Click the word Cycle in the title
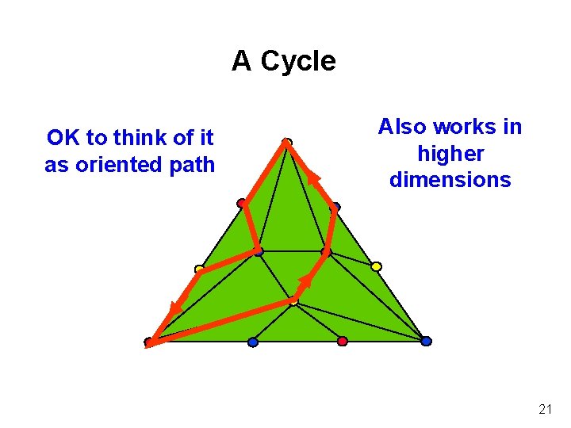click(x=298, y=61)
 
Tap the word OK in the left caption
click(x=63, y=138)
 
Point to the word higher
click(x=450, y=153)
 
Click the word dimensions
click(x=450, y=180)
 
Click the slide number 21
click(x=545, y=409)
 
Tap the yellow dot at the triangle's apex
click(x=287, y=143)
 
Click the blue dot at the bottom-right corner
click(x=426, y=341)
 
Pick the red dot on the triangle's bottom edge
click(x=343, y=341)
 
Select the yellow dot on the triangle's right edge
click(x=376, y=266)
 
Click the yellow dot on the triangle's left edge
click(x=199, y=269)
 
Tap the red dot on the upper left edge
click(x=241, y=203)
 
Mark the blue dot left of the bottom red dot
click(x=253, y=342)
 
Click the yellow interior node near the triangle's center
click(x=293, y=301)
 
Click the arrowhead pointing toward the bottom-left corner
click(x=174, y=308)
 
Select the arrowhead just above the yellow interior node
click(x=305, y=281)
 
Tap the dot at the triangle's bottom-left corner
click(x=148, y=342)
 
